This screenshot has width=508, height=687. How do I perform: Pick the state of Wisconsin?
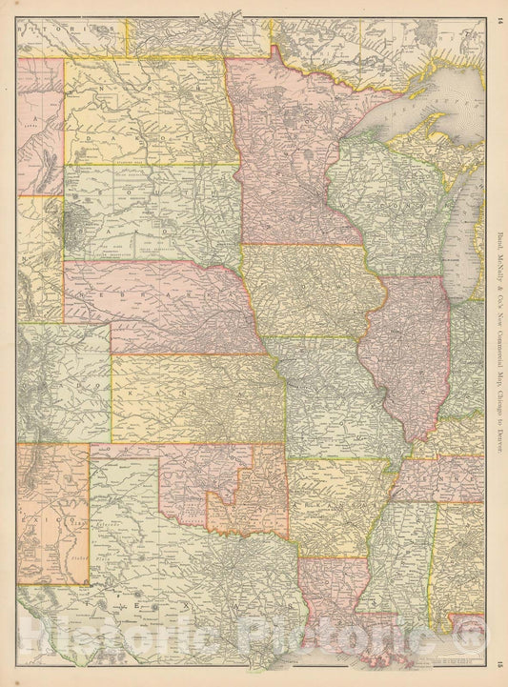[x=381, y=200]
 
